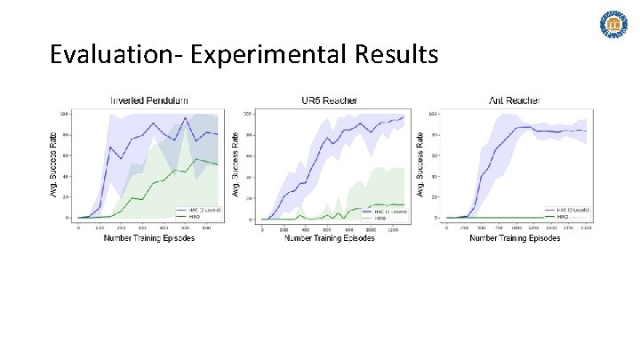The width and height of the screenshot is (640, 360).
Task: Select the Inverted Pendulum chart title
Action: click(148, 100)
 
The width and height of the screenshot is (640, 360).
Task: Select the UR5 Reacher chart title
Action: click(330, 100)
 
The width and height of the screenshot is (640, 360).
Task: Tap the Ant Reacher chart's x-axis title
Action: click(515, 238)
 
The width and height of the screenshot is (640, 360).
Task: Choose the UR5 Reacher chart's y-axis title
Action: click(236, 165)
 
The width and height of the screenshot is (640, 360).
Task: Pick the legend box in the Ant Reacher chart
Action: click(571, 212)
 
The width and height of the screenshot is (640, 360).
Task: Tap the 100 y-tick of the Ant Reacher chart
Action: click(434, 114)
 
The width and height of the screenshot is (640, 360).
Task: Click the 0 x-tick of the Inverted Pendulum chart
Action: click(78, 228)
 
